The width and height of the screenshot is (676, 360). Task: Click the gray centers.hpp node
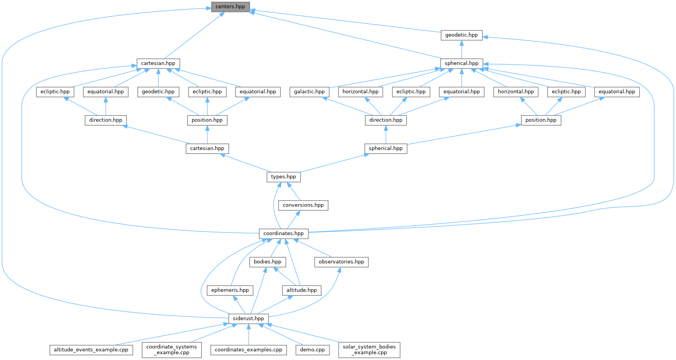[230, 7]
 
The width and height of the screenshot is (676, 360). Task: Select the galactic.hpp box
[309, 92]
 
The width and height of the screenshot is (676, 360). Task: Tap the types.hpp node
[283, 177]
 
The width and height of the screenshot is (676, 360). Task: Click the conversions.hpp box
[303, 205]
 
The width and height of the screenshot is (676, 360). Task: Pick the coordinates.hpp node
[283, 234]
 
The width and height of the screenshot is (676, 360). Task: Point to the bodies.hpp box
[267, 262]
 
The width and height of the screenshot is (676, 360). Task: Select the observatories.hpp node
[341, 262]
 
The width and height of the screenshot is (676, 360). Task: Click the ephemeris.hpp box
[230, 290]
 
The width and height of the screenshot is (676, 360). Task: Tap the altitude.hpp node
[301, 290]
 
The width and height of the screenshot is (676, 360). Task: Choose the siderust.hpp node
[248, 319]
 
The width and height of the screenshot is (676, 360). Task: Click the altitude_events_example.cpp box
[91, 350]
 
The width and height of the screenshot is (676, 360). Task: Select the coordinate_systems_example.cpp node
[171, 350]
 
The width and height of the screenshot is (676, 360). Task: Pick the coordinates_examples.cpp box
[248, 350]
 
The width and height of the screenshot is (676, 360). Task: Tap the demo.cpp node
[312, 350]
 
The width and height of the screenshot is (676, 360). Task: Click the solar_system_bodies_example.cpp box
[369, 350]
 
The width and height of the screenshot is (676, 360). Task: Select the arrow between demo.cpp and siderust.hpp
[281, 334]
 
